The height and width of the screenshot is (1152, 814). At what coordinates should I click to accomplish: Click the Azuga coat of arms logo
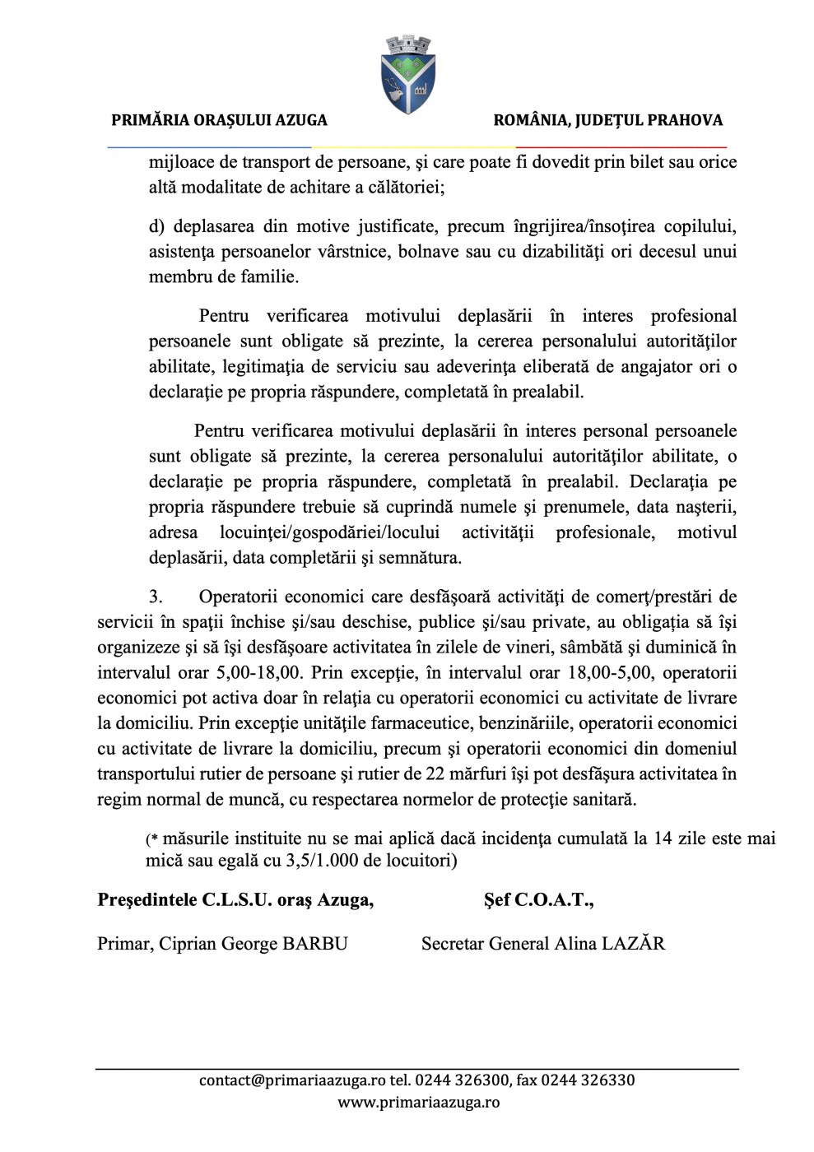click(x=408, y=74)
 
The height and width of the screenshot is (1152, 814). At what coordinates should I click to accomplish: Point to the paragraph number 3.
click(x=156, y=597)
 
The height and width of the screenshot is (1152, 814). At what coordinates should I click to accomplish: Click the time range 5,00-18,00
click(x=259, y=672)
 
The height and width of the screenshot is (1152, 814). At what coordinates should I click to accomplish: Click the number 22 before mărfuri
click(x=435, y=773)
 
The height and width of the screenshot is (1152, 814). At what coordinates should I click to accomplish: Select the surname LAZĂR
click(x=633, y=944)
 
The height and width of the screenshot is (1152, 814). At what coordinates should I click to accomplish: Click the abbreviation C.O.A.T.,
click(x=554, y=900)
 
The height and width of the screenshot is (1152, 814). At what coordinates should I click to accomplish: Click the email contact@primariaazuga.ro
click(x=292, y=1080)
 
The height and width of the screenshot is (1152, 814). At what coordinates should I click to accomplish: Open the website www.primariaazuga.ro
click(x=418, y=1103)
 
